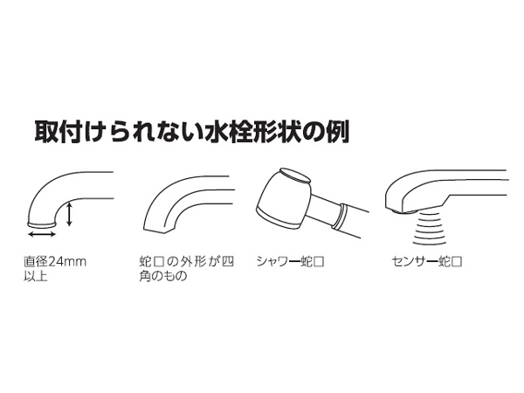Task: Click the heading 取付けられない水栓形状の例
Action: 192,133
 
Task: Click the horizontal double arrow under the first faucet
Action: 42,234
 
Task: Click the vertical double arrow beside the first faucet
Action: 69,214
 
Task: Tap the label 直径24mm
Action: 55,261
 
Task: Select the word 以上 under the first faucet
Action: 36,276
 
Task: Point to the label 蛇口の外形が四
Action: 187,261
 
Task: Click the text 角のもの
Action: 163,276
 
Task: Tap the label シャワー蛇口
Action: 291,261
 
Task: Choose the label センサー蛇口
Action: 427,261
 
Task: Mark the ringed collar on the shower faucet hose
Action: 341,217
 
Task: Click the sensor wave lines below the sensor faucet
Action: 430,229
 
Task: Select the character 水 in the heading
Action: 217,133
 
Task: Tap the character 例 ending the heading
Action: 337,133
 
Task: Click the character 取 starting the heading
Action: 46,133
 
